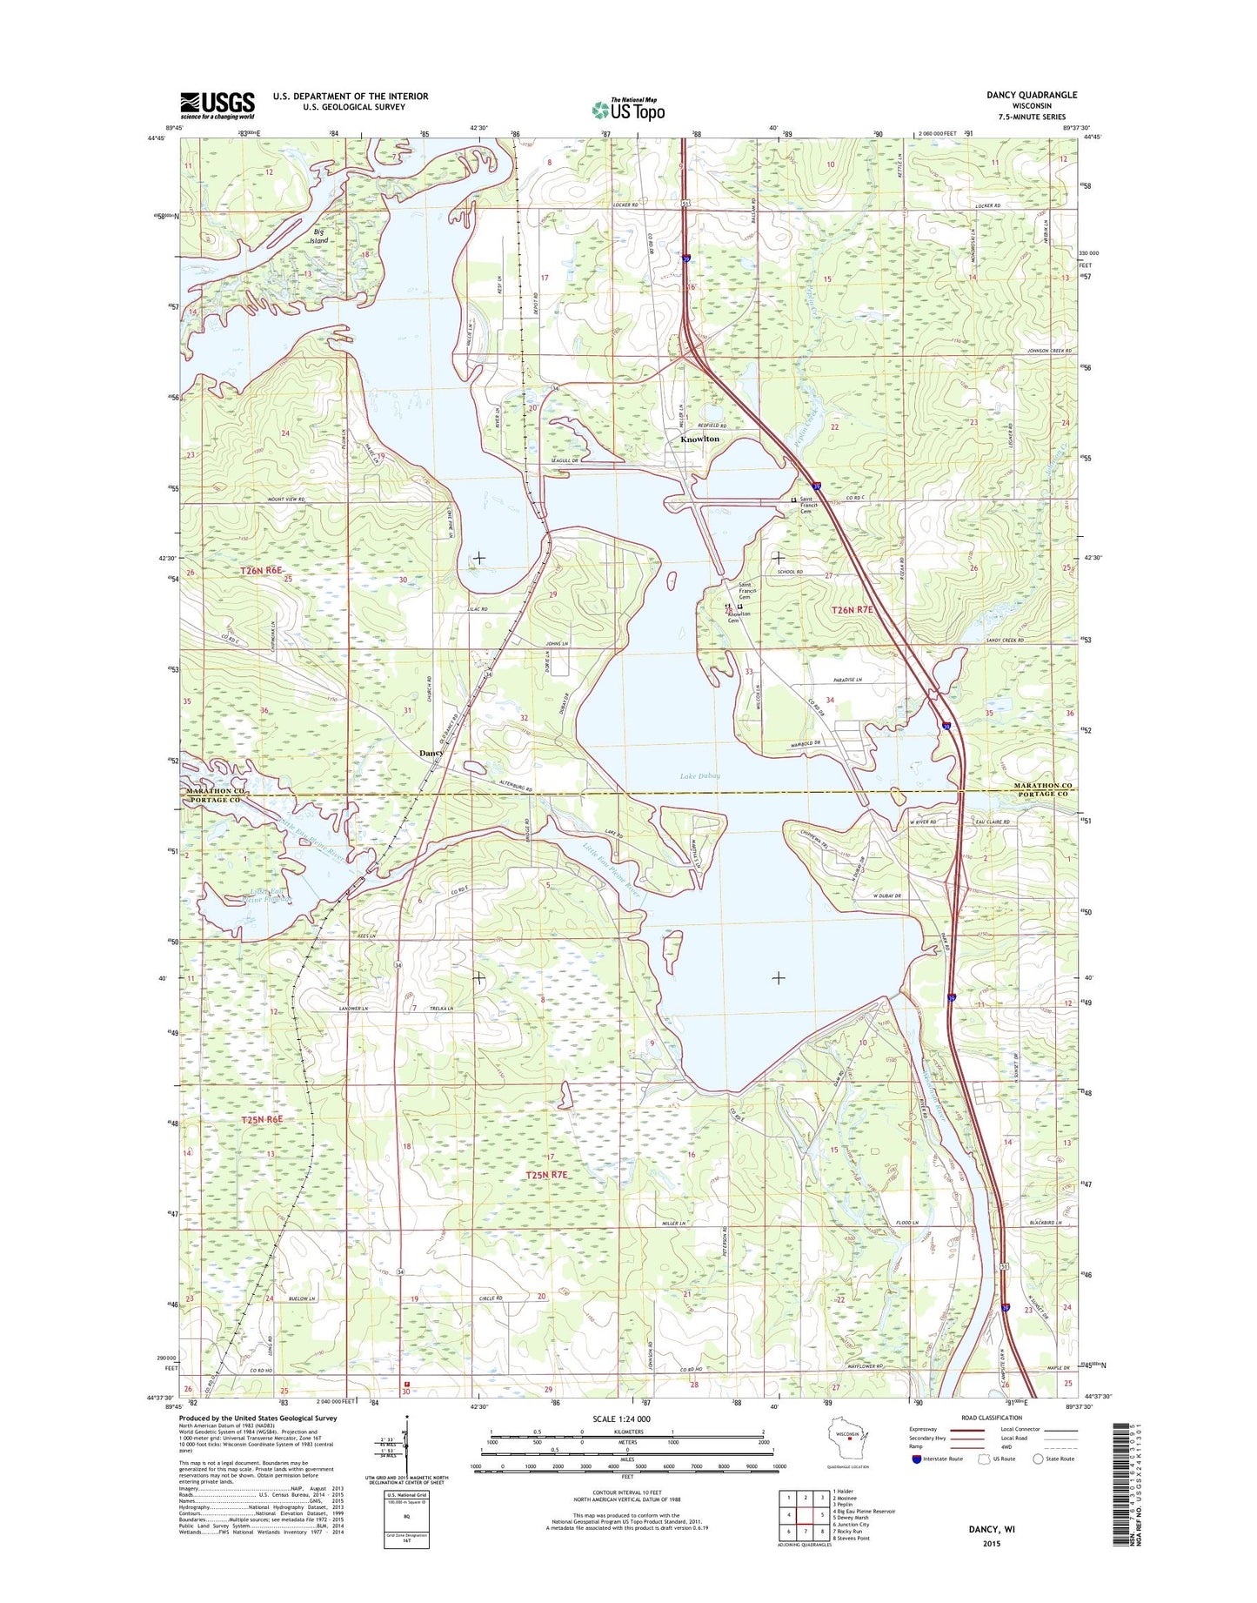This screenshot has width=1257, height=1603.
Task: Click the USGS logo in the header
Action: (x=217, y=104)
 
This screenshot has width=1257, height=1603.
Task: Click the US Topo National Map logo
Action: (x=628, y=109)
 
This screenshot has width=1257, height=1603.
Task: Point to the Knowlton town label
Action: (x=699, y=439)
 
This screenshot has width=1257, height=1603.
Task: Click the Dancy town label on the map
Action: (x=431, y=753)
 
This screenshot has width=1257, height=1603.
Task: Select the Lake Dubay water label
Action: (x=699, y=776)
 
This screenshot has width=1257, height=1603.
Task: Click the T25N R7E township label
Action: (x=546, y=1175)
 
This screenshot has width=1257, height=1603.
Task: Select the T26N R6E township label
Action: (x=262, y=571)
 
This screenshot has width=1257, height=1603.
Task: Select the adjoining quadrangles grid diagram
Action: (x=804, y=1514)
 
